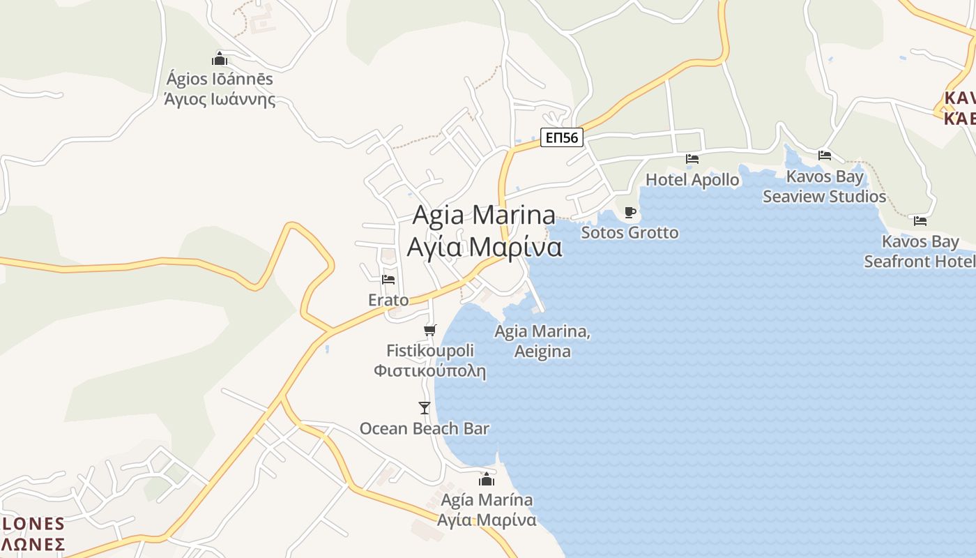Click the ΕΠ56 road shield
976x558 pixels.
pyautogui.click(x=561, y=137)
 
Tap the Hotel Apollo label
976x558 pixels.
pyautogui.click(x=692, y=179)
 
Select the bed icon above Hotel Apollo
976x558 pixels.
pyautogui.click(x=692, y=159)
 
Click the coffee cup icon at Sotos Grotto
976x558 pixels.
pyautogui.click(x=630, y=212)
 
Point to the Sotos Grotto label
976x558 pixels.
pyautogui.click(x=630, y=232)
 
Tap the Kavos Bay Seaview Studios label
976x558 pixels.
pyautogui.click(x=824, y=186)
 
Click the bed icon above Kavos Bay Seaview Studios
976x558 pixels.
pyautogui.click(x=825, y=156)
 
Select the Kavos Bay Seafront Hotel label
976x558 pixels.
pyautogui.click(x=920, y=252)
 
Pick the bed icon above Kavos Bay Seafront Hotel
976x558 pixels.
pyautogui.click(x=920, y=221)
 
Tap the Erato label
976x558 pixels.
pyautogui.click(x=388, y=300)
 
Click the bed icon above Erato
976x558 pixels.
pyautogui.click(x=388, y=280)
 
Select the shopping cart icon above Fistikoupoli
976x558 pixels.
pyautogui.click(x=430, y=330)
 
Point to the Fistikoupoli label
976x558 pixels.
pyautogui.click(x=429, y=360)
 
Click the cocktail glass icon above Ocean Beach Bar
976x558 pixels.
pyautogui.click(x=425, y=407)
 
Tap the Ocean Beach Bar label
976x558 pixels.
pyautogui.click(x=424, y=428)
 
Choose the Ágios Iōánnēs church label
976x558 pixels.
pyautogui.click(x=220, y=89)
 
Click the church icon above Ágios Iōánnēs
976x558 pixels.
pyautogui.click(x=220, y=59)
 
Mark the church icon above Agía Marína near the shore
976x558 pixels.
pyautogui.click(x=487, y=479)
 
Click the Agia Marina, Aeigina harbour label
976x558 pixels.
pyautogui.click(x=542, y=341)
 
